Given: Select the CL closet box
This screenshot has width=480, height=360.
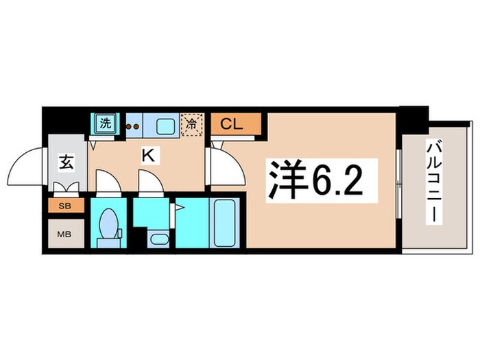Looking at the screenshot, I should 236,124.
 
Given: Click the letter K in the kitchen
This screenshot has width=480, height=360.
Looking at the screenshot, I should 147,156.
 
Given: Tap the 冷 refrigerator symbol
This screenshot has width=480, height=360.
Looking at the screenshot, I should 191,125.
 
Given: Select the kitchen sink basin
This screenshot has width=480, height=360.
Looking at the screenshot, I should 165,125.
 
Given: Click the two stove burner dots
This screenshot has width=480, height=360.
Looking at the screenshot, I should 132,125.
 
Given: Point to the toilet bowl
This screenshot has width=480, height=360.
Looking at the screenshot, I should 108,224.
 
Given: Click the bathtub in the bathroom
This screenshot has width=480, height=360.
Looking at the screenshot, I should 225,222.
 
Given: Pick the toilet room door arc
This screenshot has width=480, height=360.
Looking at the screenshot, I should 107,182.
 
